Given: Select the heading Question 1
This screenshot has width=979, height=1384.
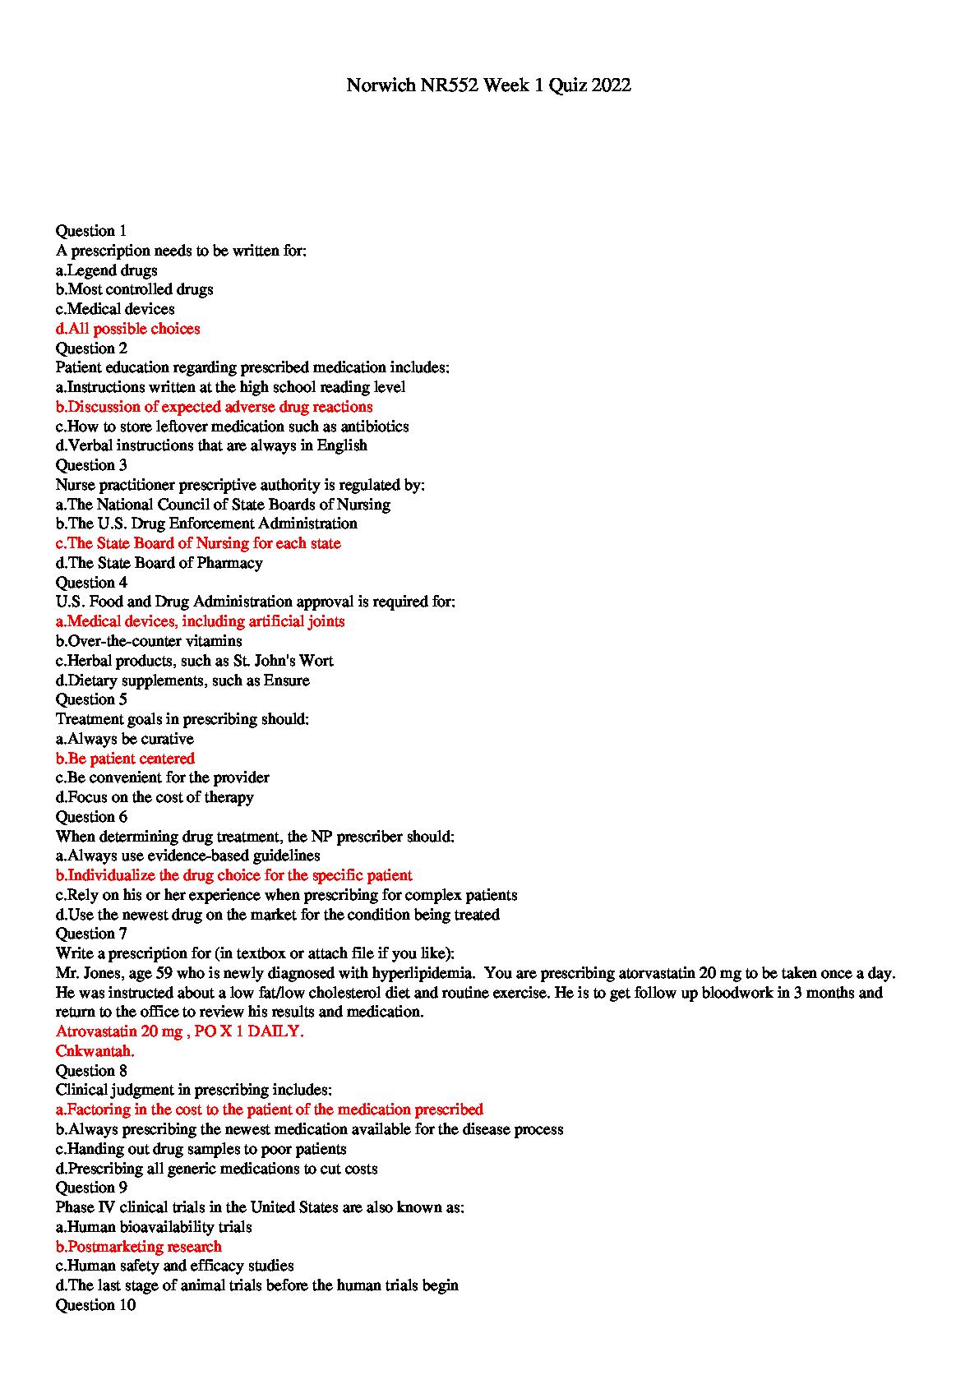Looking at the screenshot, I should click(91, 231).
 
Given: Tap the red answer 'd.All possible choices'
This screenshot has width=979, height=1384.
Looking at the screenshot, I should click(127, 329).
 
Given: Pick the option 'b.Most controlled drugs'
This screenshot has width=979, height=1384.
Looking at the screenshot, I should click(134, 289).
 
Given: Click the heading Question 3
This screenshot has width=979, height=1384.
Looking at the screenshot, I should click(91, 465).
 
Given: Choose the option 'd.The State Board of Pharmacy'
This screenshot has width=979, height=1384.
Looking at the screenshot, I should click(159, 563).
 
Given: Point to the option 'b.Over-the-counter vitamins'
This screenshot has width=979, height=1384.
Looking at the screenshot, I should click(149, 641).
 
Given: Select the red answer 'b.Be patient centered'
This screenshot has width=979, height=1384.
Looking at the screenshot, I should click(125, 759).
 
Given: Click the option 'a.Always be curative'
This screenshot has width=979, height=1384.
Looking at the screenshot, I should click(124, 739).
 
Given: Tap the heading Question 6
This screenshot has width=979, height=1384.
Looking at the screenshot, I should click(91, 817).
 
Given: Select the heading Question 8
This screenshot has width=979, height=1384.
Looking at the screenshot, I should click(91, 1071).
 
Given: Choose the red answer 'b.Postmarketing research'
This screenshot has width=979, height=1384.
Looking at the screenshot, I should click(138, 1247).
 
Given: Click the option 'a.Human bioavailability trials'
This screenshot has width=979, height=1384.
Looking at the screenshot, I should click(153, 1227).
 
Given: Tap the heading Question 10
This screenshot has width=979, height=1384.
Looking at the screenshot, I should click(95, 1305).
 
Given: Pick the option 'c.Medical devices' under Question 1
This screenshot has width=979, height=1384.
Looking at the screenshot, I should click(115, 309).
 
